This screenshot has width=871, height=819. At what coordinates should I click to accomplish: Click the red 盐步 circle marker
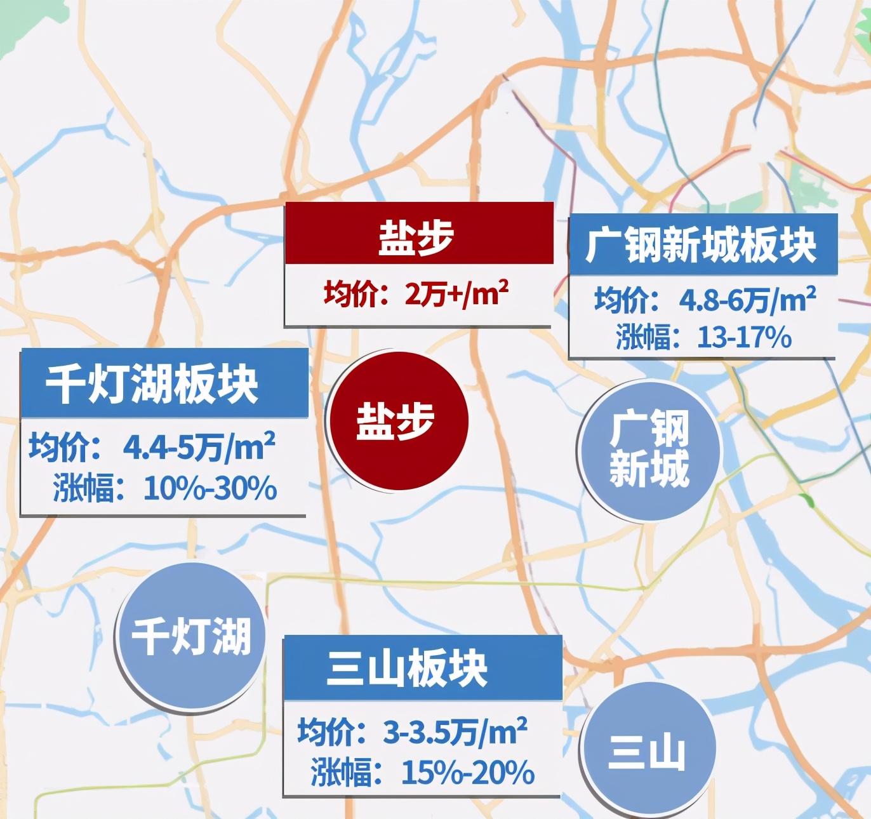coord(397,421)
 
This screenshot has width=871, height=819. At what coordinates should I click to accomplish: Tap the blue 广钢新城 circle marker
coord(649,449)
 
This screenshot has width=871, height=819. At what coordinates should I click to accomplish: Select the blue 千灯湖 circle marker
coord(190,636)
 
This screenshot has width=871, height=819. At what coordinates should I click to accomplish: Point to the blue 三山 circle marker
coord(648,750)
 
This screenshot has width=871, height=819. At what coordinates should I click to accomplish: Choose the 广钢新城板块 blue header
coord(702,245)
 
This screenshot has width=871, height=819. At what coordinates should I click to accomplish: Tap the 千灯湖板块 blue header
coord(152,383)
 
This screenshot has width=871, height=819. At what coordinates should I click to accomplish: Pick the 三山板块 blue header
coord(408,668)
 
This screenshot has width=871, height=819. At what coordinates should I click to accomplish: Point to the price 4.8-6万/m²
coord(747,300)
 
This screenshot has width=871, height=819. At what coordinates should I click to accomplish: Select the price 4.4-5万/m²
coord(199,447)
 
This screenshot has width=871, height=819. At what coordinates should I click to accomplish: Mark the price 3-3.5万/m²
coord(455,733)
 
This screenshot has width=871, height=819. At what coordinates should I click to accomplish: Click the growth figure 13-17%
coord(744,337)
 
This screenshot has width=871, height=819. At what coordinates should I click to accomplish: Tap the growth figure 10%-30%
coord(210,488)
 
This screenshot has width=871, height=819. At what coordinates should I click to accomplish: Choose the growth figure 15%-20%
coord(468,773)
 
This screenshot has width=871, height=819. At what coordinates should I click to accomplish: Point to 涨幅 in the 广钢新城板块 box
coord(642,337)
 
